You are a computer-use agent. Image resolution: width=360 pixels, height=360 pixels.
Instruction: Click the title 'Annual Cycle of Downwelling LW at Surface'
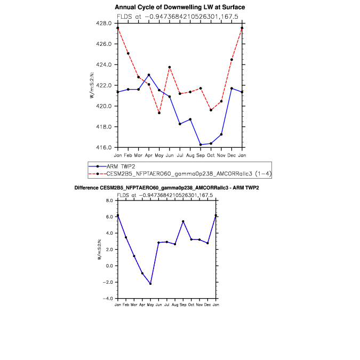180,7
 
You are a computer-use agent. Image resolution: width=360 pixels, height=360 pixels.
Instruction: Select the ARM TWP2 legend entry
112,166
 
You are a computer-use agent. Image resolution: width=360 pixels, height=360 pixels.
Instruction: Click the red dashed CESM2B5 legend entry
180,174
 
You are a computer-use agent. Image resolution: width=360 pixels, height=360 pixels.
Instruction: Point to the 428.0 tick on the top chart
104,23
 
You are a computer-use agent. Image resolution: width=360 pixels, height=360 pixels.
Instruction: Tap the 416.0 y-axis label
104,147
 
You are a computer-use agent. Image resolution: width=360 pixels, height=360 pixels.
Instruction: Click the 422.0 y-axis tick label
104,85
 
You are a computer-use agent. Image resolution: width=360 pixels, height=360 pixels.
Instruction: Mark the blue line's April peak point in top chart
149,75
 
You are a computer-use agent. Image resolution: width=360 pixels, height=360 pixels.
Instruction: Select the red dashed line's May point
159,113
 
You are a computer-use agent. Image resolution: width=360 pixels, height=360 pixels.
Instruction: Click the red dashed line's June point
170,67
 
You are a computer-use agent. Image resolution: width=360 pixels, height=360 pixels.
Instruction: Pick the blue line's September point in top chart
201,145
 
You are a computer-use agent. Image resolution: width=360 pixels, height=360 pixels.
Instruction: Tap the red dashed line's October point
211,110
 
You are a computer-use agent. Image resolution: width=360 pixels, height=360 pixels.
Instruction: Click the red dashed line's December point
231,60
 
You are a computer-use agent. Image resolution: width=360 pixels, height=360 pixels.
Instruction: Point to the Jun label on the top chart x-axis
170,155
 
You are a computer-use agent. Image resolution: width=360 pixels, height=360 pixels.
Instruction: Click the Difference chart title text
167,188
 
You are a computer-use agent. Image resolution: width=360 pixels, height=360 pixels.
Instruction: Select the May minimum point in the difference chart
150,284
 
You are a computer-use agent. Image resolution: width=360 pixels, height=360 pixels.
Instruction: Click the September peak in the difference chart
183,221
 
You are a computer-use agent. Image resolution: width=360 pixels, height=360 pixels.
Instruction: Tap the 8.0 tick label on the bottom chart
109,201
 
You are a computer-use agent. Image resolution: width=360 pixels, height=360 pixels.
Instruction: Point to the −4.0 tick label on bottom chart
108,299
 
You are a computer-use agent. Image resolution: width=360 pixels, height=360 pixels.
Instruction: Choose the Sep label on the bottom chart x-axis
183,305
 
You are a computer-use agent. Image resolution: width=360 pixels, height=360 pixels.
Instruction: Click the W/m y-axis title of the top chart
92,85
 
